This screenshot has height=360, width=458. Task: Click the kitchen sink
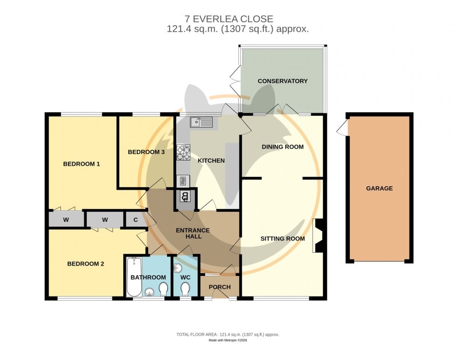[202, 122]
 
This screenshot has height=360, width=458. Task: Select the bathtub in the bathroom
[134, 276]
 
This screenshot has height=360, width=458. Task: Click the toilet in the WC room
[185, 290]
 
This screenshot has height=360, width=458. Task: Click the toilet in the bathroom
[164, 289]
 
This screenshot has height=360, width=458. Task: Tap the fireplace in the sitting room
[318, 236]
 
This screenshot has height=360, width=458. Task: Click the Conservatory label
[282, 81]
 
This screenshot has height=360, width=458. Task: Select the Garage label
[379, 189]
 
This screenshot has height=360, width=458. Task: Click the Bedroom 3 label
[146, 152]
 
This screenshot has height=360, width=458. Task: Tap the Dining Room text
[282, 147]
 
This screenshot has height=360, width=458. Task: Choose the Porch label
[220, 287]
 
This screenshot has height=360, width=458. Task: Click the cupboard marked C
[136, 219]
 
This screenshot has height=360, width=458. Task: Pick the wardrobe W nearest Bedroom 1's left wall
[66, 219]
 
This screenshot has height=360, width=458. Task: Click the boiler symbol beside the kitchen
[185, 196]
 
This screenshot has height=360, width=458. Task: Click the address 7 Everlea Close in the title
[229, 19]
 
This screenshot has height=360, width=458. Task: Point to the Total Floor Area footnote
[228, 335]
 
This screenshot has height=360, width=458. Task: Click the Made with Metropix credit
[228, 341]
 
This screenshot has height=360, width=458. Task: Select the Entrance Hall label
[193, 233]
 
